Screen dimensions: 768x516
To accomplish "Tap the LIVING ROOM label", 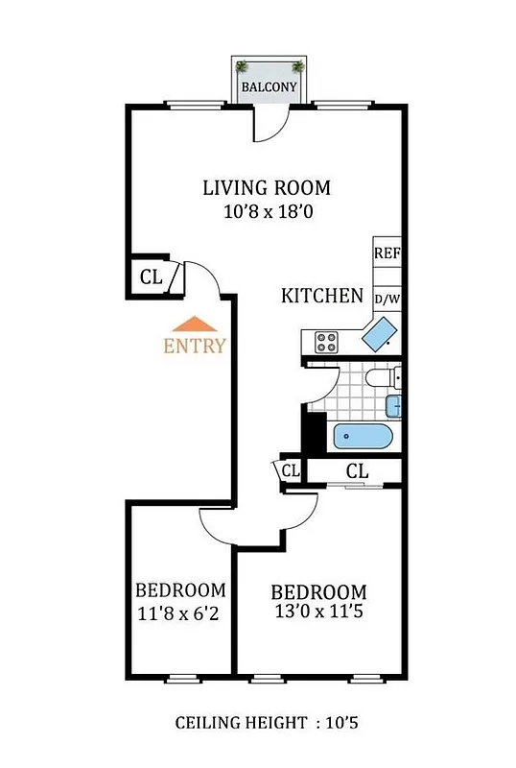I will point(266,187).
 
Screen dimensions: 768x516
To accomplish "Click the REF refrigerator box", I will point(387,253).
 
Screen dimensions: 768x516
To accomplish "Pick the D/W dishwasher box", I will point(387,299).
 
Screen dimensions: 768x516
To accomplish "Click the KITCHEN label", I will point(321,297).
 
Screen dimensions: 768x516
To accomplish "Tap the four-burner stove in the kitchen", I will point(326,341).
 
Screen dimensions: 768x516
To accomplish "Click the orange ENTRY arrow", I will point(196,325).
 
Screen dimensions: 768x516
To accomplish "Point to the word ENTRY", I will point(196,347).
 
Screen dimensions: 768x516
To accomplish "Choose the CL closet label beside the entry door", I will point(151,277).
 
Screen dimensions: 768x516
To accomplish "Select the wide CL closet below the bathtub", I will point(357,471).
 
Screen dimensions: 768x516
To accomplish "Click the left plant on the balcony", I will point(243,66).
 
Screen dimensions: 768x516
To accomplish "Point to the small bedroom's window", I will point(180,678).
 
